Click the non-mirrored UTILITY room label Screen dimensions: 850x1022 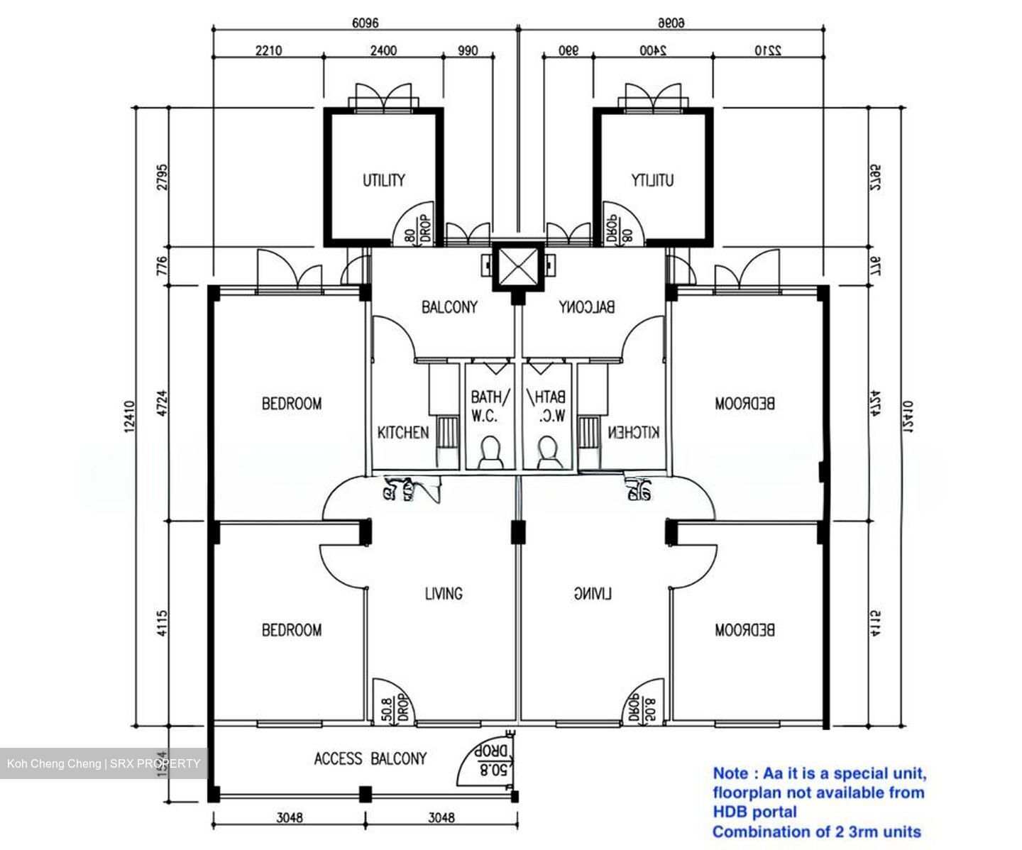[x=384, y=180]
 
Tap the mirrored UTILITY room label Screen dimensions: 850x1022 [x=652, y=180]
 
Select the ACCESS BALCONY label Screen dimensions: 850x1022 [x=370, y=758]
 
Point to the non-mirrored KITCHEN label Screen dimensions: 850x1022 [x=402, y=432]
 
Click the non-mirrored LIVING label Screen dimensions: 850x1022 [x=443, y=593]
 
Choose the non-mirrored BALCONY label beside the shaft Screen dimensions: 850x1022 [x=449, y=307]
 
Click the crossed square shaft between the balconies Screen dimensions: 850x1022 [x=518, y=267]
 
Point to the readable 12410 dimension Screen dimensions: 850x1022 [x=128, y=416]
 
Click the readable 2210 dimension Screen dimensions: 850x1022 [x=268, y=50]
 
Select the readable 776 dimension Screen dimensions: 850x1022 [x=163, y=266]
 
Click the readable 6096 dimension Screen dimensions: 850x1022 [x=366, y=23]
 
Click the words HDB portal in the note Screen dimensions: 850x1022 [x=754, y=812]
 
